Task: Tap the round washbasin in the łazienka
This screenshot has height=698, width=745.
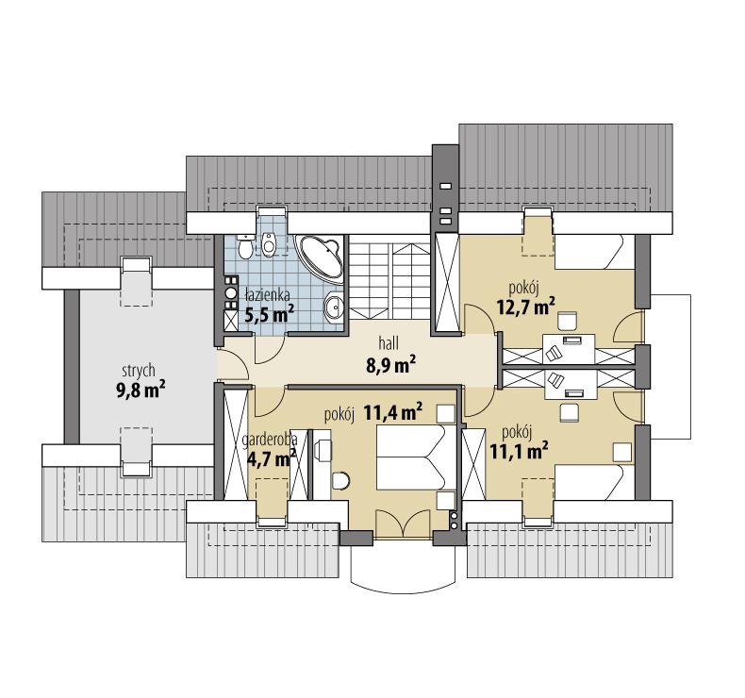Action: (333, 307)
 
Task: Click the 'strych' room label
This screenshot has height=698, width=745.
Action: (137, 370)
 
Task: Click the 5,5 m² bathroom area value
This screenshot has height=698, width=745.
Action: (270, 315)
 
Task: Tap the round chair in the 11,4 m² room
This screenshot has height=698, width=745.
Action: (340, 481)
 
